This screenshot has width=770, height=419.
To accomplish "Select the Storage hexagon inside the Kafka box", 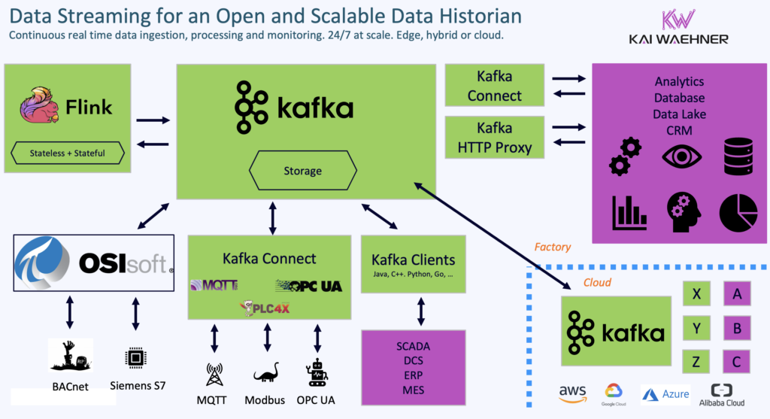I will pos(303,171).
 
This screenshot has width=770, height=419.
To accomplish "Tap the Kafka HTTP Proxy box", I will pos(494,138).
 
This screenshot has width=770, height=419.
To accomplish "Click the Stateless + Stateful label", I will pos(68,153).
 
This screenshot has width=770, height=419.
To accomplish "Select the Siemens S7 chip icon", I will pos(135,356).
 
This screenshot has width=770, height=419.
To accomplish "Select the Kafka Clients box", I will pos(413,264).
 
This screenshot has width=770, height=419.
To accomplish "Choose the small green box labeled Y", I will pos(696,328).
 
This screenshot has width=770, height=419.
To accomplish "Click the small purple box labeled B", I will pos(736,328).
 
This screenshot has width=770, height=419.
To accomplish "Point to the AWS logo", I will pos(572,393).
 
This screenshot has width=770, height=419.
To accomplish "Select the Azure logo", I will pos(665,394).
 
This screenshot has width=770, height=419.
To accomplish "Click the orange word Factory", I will pos(553,247).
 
